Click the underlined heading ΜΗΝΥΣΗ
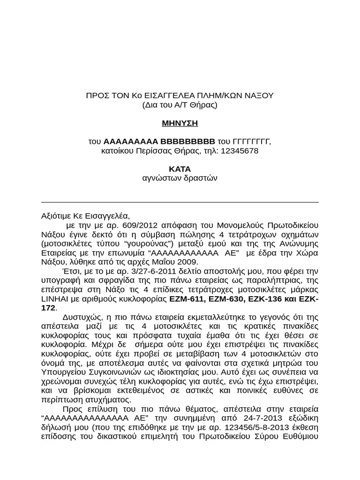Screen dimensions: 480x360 pos(180,123)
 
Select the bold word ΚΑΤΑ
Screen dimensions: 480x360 pos(180,169)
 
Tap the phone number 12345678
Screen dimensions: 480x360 pos(239,151)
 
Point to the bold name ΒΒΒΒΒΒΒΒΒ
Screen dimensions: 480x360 pos(188,142)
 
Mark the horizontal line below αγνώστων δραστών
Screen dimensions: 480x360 pos(180,202)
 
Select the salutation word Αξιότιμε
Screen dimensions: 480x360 pos(57,216)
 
